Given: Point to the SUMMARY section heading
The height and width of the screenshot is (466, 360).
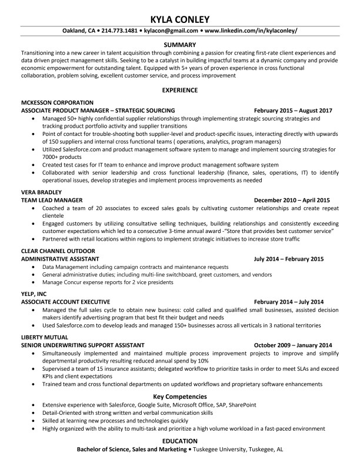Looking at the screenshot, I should click(179, 45).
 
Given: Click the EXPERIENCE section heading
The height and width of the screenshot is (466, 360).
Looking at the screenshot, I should click(179, 90).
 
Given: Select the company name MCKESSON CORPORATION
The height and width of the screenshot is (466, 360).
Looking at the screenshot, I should click(56, 102).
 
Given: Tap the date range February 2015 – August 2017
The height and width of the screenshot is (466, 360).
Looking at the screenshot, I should click(293, 110).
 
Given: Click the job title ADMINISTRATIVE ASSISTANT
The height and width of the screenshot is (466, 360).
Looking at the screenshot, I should click(60, 259).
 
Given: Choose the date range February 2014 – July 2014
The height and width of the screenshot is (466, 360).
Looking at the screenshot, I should click(293, 301).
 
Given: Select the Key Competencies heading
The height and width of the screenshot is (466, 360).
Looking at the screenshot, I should click(179, 396).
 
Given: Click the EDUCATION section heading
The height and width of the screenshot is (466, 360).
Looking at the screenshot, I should click(179, 441).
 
